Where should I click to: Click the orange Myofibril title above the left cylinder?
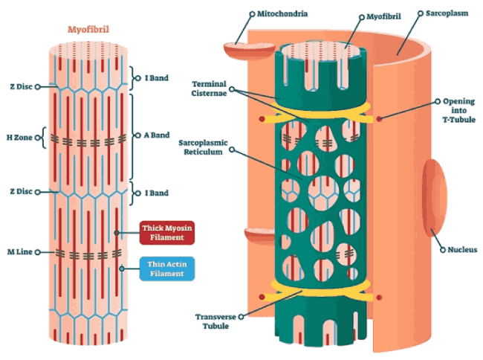point(88,30)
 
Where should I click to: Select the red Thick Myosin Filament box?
point(167,233)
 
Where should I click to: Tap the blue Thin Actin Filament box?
point(167,269)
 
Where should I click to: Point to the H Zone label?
point(19,138)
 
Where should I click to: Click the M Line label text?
point(20,252)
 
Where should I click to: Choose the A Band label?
point(157,135)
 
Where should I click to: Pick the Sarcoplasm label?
point(447,13)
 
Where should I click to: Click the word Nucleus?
point(462,250)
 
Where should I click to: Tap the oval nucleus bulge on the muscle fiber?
point(435,198)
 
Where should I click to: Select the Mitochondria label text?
point(282,13)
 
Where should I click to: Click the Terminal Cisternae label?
point(209,89)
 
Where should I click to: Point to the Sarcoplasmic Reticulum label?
point(203,147)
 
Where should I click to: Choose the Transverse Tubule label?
point(215,321)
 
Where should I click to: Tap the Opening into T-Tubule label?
point(459,110)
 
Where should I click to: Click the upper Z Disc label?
point(21,86)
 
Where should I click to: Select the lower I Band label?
point(157,193)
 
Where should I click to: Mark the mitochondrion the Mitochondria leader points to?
point(249,51)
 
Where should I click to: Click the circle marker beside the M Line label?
point(38,252)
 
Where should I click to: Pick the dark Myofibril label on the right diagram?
point(383,16)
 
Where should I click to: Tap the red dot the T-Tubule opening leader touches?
point(379,119)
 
